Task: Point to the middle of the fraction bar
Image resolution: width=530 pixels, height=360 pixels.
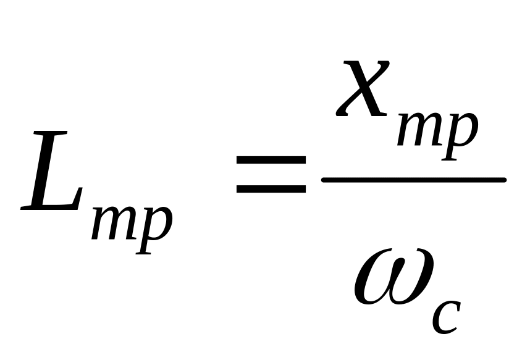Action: click(x=414, y=180)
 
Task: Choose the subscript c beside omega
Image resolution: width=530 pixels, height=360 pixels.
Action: click(x=446, y=317)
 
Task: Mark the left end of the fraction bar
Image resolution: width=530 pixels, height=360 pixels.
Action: click(x=322, y=180)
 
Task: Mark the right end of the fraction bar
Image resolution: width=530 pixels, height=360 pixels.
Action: click(x=505, y=180)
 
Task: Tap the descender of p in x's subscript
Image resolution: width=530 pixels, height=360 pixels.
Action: click(x=450, y=153)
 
